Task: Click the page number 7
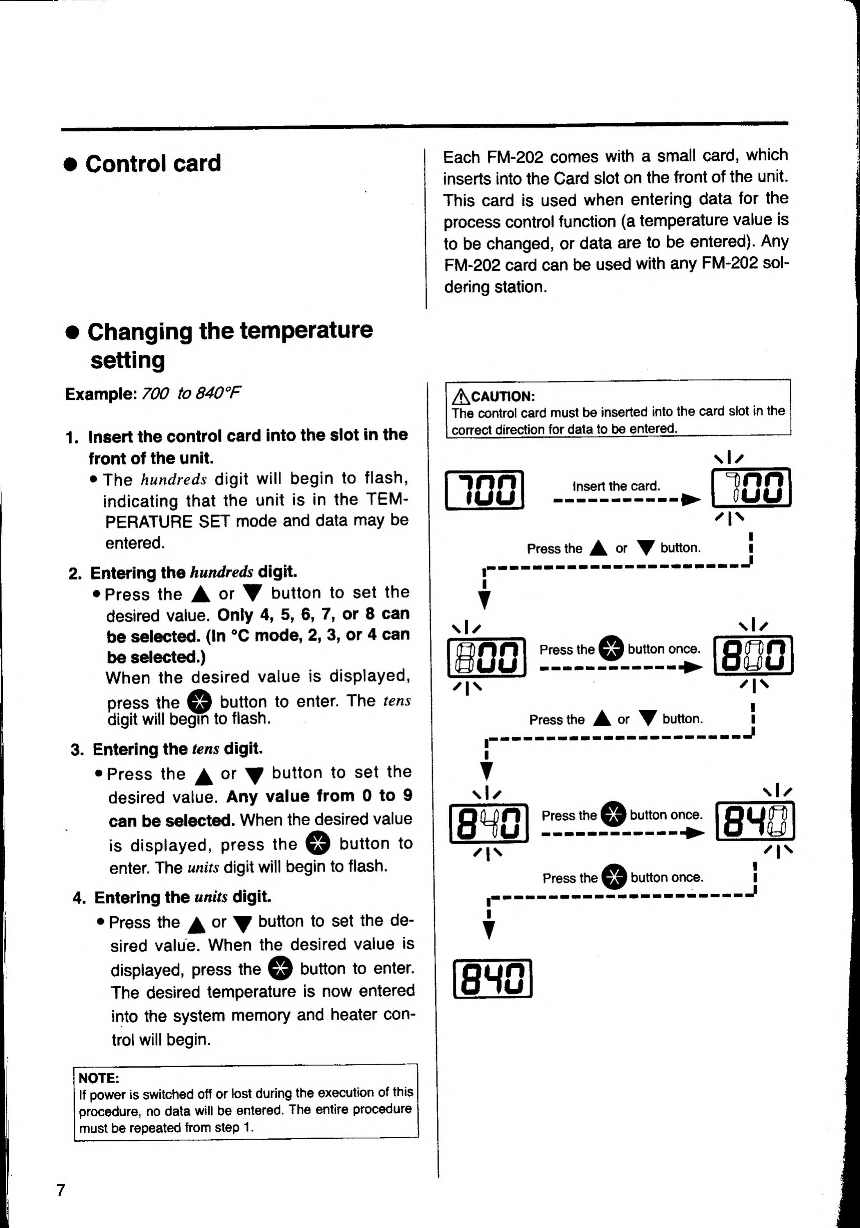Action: click(61, 1190)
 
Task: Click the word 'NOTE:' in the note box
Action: click(98, 1078)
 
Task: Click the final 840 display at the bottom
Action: click(492, 978)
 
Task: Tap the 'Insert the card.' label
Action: click(616, 486)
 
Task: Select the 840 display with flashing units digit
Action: click(755, 821)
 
